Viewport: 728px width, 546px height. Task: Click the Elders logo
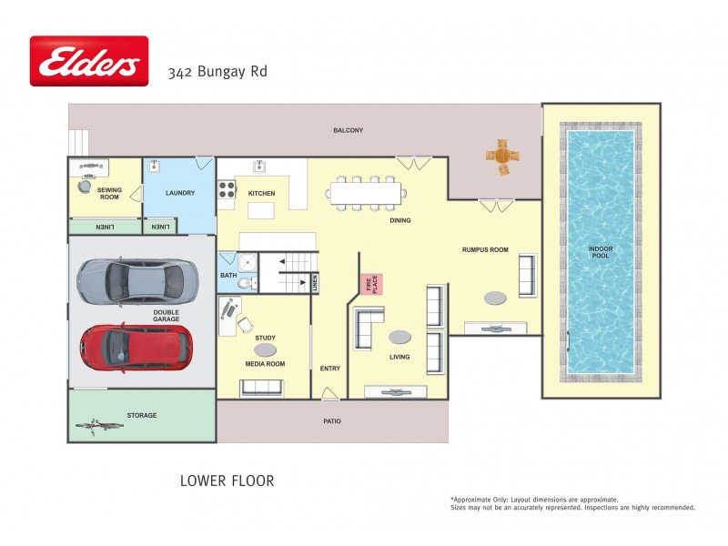[x=88, y=61]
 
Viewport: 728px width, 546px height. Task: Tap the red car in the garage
[x=135, y=344]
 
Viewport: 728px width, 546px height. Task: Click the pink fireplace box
[x=371, y=285]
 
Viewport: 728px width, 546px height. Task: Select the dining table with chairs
[x=365, y=193]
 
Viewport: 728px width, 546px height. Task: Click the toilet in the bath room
[x=242, y=284]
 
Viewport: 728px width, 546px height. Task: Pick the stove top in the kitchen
[x=226, y=190]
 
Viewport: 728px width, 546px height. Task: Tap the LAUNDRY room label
[x=180, y=193]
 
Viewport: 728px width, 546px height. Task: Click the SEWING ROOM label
[x=109, y=193]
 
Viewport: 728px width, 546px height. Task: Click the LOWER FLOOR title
[x=227, y=480]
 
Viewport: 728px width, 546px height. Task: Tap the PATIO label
[x=332, y=421]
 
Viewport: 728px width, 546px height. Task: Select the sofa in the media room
[x=261, y=388]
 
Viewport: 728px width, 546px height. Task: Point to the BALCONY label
[x=348, y=130]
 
